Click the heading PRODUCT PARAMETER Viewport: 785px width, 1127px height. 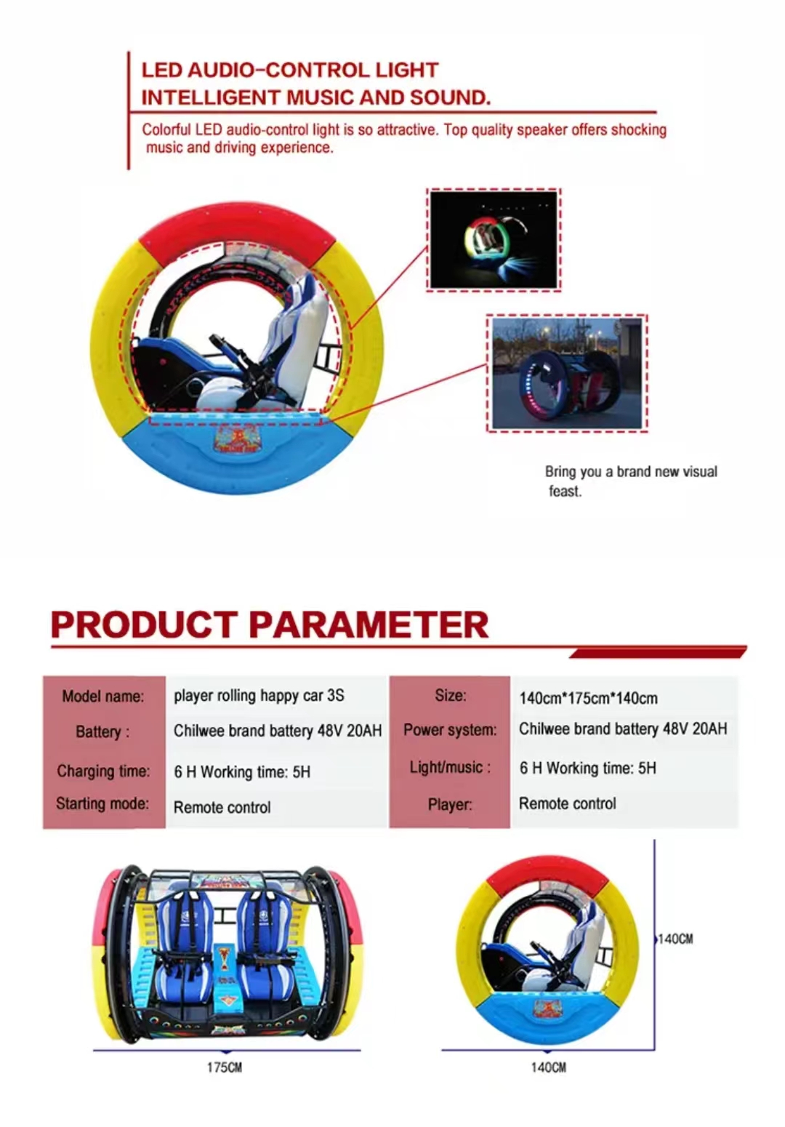coord(269,625)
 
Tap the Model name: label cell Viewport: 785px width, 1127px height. coord(102,697)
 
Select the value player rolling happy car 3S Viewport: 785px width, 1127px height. coord(259,696)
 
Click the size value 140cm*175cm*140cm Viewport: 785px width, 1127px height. coord(588,699)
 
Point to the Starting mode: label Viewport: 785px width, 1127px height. coord(102,804)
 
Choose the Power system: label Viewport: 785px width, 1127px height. coord(450,730)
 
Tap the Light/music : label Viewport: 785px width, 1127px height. coord(450,768)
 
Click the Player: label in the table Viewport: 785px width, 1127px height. coord(450,805)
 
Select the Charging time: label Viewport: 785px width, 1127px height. coord(103,771)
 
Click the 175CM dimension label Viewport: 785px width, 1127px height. coord(225,1067)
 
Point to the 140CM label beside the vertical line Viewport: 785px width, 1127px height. coord(675,939)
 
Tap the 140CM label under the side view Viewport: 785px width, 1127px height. coord(548,1067)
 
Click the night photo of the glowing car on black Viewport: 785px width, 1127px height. coord(494,240)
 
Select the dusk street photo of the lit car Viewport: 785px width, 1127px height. coord(566,373)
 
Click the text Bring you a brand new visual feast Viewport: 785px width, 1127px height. coord(630,481)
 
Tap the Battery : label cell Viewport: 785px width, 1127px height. coord(102,732)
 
